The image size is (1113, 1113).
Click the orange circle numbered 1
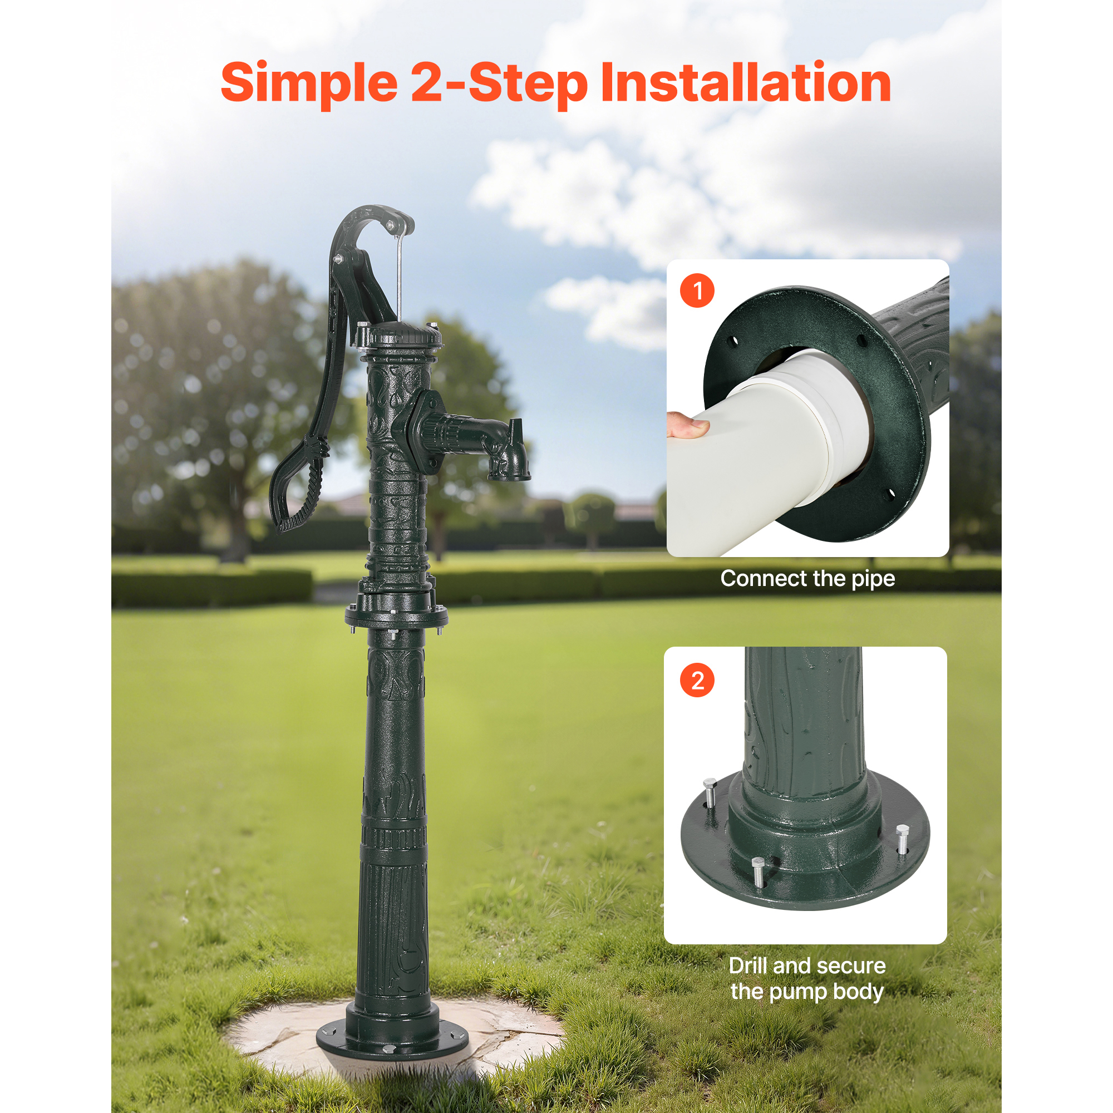[x=697, y=290]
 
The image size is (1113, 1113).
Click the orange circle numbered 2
[x=697, y=681]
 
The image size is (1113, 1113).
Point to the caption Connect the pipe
[x=807, y=579]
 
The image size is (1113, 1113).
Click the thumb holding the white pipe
[x=687, y=426]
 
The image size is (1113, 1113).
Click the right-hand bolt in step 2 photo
[x=902, y=838]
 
